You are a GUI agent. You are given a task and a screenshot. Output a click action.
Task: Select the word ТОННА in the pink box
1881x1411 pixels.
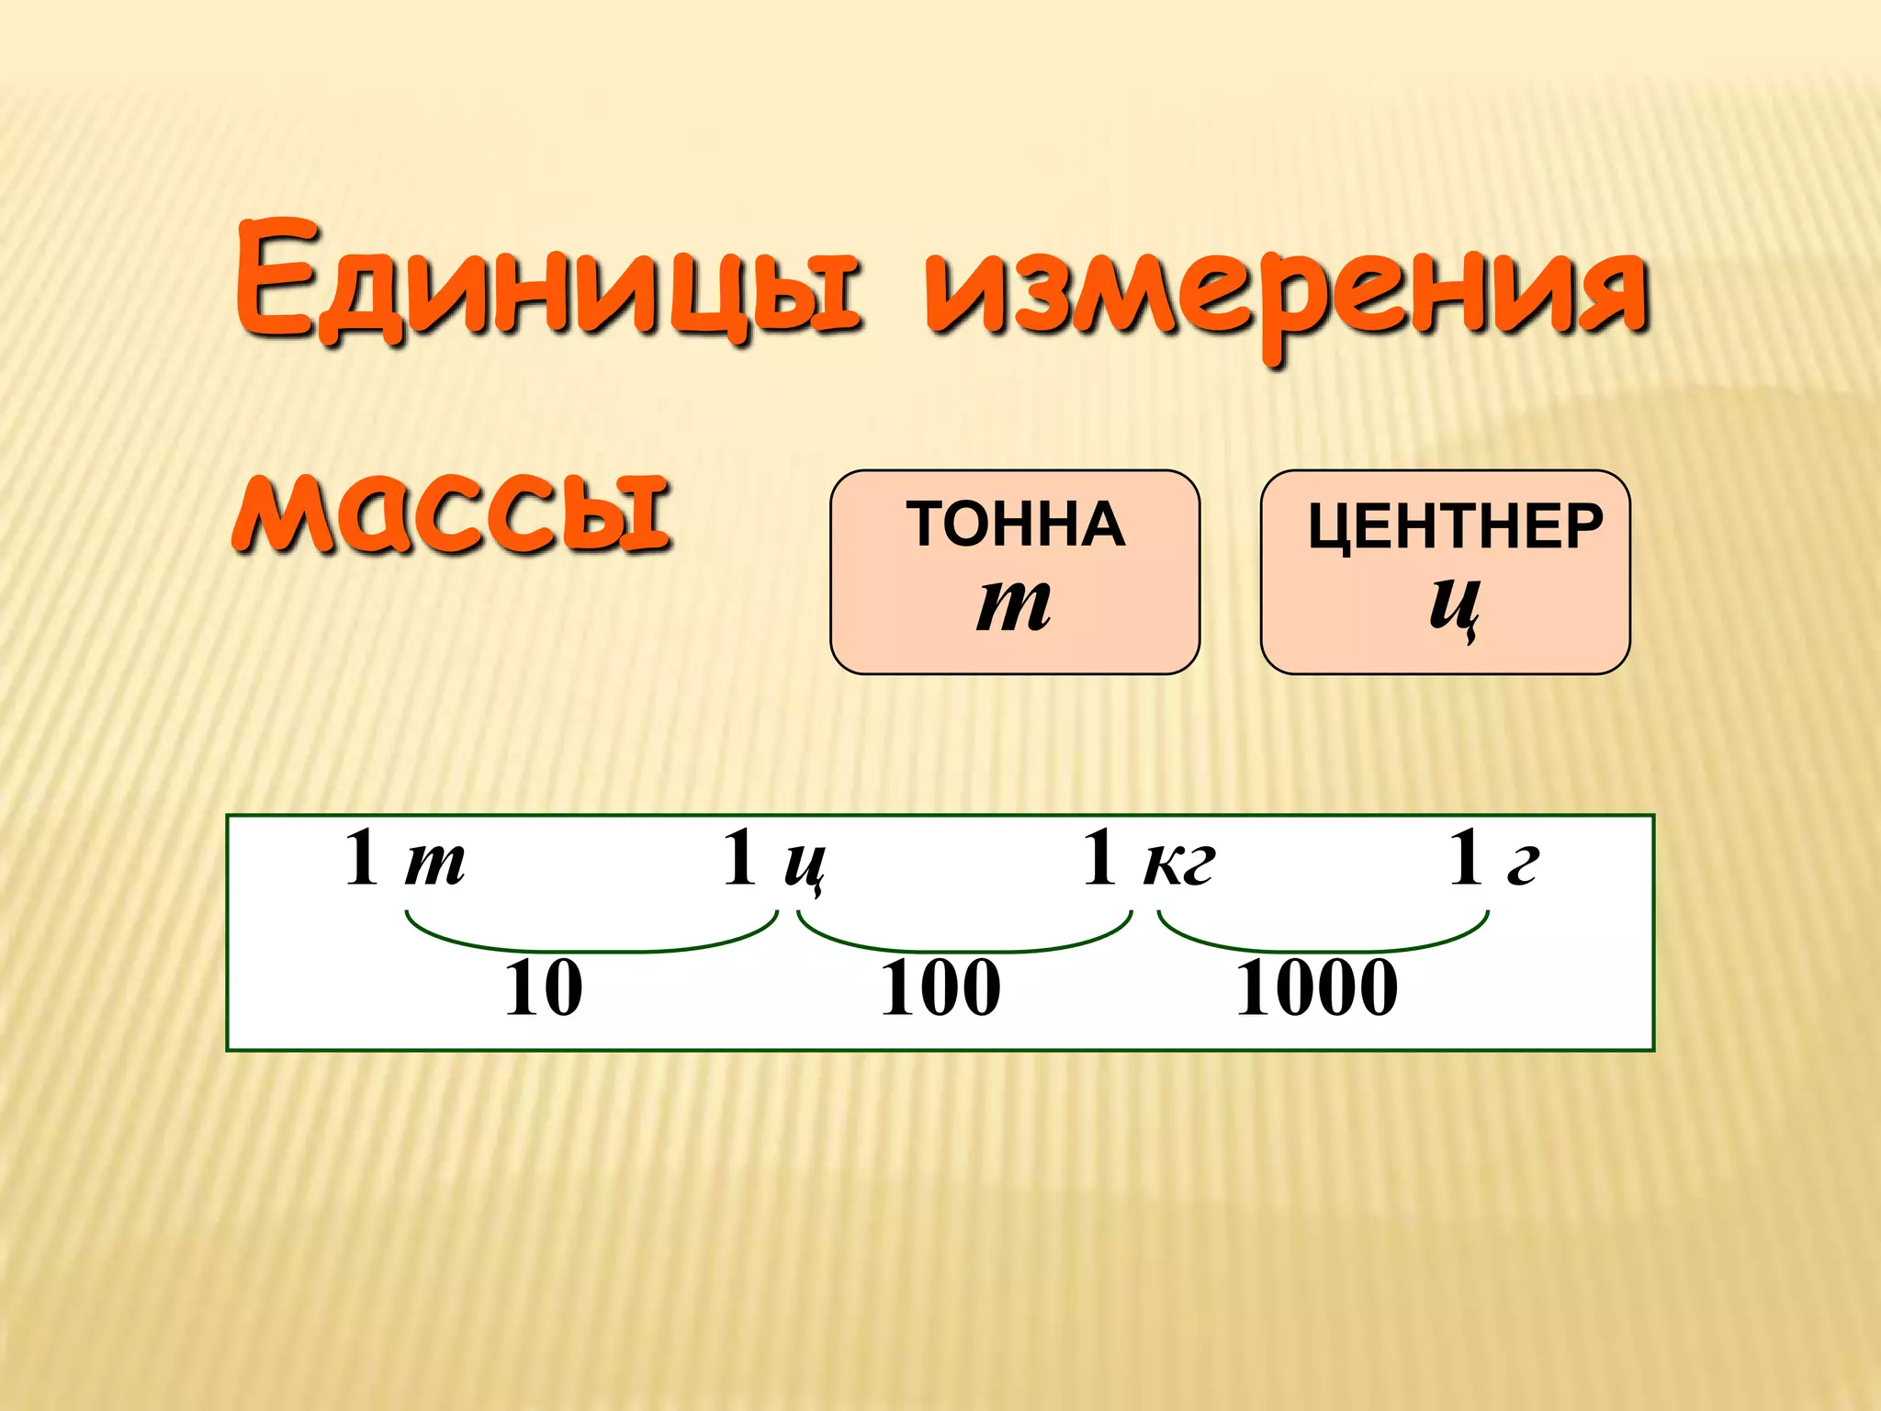click(1016, 525)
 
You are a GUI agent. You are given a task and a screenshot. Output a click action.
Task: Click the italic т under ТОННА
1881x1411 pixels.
click(1013, 605)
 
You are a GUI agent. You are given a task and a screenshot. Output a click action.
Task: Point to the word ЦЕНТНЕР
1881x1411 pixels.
click(1455, 527)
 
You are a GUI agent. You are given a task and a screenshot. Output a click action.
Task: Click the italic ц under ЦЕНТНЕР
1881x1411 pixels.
click(1454, 606)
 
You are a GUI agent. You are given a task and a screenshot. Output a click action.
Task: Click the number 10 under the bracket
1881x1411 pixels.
click(544, 988)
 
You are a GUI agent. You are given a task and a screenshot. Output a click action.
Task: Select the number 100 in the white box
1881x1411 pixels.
click(940, 988)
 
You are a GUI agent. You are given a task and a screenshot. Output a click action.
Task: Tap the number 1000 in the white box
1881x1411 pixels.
click(1316, 988)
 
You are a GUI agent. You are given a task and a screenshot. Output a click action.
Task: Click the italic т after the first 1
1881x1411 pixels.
click(434, 864)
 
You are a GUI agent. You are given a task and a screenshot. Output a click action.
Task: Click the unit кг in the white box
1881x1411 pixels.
click(1179, 864)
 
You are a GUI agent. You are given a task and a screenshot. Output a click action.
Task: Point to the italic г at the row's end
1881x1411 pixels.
click(1523, 864)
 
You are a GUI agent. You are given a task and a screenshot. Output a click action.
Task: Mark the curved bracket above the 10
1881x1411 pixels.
click(592, 946)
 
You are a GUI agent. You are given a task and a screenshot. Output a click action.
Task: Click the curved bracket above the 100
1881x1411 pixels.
click(964, 946)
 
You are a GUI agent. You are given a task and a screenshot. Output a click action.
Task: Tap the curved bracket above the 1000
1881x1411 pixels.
click(1323, 946)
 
